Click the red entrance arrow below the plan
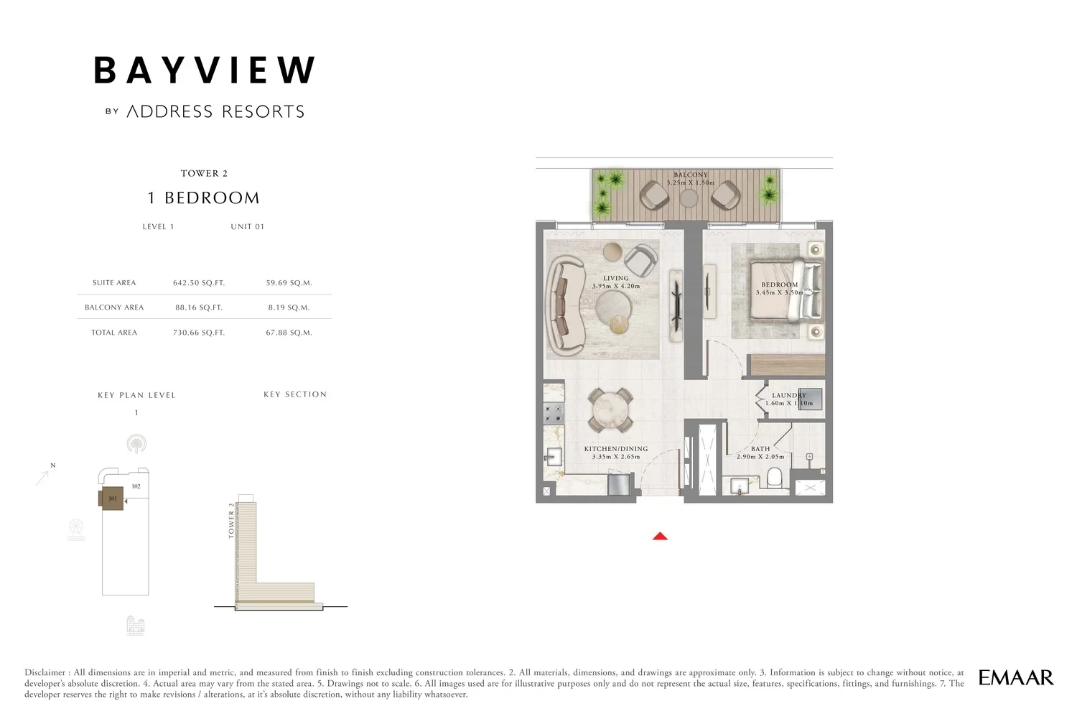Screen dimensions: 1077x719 pos(660,536)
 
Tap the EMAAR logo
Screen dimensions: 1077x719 pos(1015,677)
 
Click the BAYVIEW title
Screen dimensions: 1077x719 pos(205,70)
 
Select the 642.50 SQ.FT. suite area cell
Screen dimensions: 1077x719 pos(199,283)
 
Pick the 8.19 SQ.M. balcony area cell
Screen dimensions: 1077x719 pos(289,307)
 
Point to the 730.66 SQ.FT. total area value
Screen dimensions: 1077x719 pos(199,333)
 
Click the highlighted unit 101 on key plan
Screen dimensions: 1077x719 pos(111,498)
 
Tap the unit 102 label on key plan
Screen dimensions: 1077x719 pos(136,486)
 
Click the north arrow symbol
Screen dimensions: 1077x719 pos(43,477)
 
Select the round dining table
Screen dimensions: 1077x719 pos(610,410)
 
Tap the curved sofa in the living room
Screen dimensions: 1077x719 pos(566,307)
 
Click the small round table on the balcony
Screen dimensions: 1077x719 pos(689,198)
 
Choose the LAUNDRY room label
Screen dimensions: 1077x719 pos(789,395)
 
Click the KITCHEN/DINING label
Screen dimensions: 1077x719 pos(616,449)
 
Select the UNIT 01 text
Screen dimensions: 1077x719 pos(248,226)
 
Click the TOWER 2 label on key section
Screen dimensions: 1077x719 pos(231,520)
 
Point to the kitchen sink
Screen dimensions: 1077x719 pos(554,457)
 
